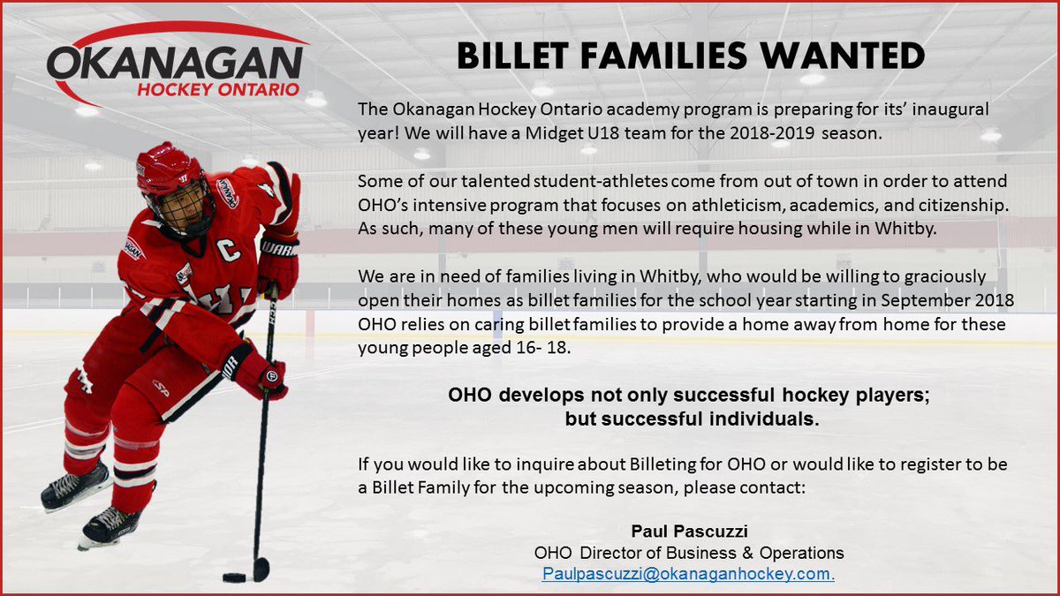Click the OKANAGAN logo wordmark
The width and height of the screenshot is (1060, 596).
[175, 64]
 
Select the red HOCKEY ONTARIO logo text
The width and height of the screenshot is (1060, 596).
[218, 90]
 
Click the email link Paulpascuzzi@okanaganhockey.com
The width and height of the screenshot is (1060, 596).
[688, 574]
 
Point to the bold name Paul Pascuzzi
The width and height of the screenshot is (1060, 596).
[690, 532]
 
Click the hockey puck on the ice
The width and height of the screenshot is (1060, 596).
[234, 577]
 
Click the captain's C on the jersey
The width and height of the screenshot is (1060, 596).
[229, 251]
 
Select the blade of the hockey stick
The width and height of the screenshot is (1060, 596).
[261, 570]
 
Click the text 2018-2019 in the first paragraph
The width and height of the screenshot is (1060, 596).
[772, 133]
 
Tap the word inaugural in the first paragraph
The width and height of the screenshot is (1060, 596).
[950, 109]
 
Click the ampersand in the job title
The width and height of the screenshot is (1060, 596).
[747, 553]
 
